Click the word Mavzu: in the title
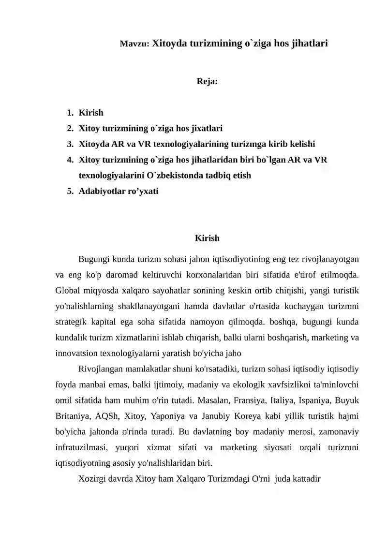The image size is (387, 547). [x=134, y=44]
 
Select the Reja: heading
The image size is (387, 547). [x=207, y=81]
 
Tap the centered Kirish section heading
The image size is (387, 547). [x=207, y=238]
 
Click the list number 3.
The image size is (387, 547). [x=70, y=144]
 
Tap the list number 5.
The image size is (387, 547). [x=70, y=191]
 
